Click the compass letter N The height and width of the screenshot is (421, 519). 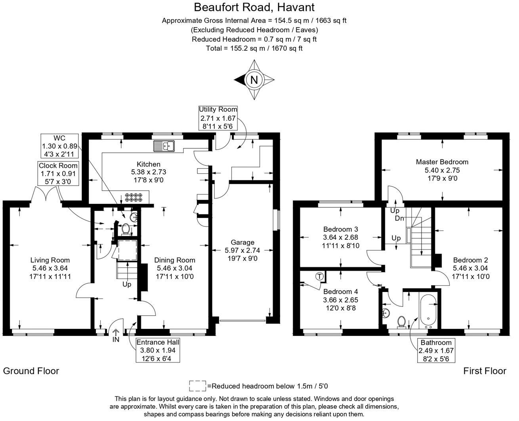click(254, 80)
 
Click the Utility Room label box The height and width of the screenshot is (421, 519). click(218, 118)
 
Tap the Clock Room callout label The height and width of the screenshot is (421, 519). click(58, 173)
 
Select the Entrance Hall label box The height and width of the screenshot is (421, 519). click(158, 350)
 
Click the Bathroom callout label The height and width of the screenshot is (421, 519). click(436, 351)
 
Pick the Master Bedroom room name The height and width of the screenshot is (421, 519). click(442, 162)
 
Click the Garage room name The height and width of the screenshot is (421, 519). click(242, 242)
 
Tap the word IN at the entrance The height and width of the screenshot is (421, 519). click(116, 339)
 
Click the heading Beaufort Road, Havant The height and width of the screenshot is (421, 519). click(254, 7)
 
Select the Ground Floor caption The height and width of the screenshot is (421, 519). click(31, 371)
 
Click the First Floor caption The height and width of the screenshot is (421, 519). click(485, 371)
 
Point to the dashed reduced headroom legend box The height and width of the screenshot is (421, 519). click(197, 386)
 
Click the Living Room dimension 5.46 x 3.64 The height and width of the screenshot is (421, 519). click(50, 268)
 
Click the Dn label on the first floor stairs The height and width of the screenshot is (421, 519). click(399, 218)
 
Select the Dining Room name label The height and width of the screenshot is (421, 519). click(175, 260)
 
